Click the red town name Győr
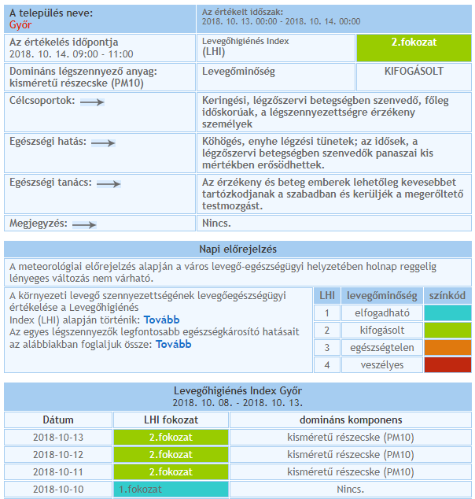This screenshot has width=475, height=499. [x=20, y=24]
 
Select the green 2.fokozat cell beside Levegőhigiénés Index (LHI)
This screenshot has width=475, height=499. [x=414, y=47]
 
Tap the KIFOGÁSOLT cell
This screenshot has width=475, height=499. [x=414, y=71]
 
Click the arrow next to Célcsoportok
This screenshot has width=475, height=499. [x=92, y=102]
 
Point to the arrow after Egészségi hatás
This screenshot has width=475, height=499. [x=103, y=142]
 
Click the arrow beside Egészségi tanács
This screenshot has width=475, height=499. [x=108, y=183]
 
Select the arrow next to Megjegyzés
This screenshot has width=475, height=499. [x=83, y=224]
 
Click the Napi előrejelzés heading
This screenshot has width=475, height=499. [x=237, y=249]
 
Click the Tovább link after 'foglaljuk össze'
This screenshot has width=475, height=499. [x=174, y=344]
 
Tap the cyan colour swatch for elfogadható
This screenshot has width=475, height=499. [x=447, y=312]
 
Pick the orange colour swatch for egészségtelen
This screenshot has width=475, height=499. [x=447, y=347]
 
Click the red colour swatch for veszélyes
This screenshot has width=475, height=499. [x=447, y=364]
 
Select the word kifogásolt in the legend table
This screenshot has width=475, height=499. [x=382, y=330]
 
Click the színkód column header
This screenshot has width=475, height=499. [x=447, y=295]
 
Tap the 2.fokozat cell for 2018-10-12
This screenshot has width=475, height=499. [x=171, y=455]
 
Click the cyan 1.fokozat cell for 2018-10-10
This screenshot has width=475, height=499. [x=171, y=490]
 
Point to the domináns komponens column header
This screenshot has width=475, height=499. [x=350, y=420]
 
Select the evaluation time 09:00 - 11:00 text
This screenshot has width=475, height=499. [x=72, y=54]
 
